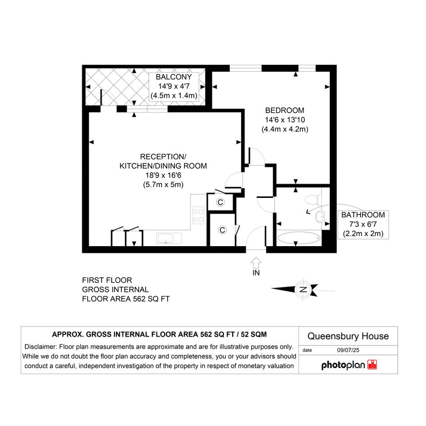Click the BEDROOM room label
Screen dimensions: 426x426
tap(285, 110)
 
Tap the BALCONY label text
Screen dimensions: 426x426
tap(174, 77)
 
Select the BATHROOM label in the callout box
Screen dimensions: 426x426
tap(363, 215)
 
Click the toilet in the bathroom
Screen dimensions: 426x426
tap(313, 200)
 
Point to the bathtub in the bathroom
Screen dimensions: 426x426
tap(299, 238)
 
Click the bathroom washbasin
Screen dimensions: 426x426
tap(320, 216)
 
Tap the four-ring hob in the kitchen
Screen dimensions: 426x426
tap(198, 215)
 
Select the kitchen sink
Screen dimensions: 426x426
tap(169, 238)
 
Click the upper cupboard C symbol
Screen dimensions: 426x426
tap(220, 202)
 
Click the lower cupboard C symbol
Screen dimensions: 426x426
tap(222, 230)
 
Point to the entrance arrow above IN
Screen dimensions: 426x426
tap(256, 263)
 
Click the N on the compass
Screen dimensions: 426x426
tap(303, 289)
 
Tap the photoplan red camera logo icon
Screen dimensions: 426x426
tap(372, 365)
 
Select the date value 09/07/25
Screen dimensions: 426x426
tap(348, 350)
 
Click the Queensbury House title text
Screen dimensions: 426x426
tap(348, 336)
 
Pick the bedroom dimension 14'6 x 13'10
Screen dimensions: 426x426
tap(285, 120)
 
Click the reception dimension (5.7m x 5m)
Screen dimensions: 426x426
tap(163, 185)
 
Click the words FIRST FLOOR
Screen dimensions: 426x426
tap(107, 280)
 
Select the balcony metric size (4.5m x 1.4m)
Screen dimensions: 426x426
tap(174, 96)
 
